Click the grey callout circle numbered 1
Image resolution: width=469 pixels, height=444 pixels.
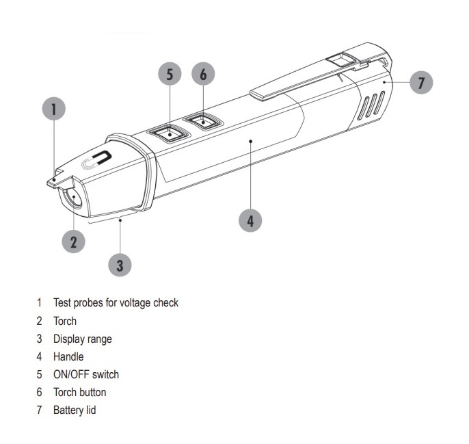click(54, 109)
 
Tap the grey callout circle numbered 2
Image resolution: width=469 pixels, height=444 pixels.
click(74, 241)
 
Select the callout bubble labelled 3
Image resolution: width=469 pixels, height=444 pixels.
click(120, 265)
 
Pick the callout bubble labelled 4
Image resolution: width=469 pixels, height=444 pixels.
click(250, 220)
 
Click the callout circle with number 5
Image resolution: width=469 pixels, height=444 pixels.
click(170, 74)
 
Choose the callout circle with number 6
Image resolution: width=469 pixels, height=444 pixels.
click(204, 74)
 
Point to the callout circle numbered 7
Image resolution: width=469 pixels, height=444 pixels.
click(421, 82)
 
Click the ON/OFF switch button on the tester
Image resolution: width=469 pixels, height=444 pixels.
click(168, 133)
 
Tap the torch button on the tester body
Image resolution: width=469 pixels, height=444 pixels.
click(203, 121)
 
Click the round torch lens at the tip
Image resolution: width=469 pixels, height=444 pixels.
click(73, 198)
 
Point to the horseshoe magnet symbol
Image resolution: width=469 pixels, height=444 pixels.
click(96, 160)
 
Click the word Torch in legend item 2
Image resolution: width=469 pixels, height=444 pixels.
click(65, 321)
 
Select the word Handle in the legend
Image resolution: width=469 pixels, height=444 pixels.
click(68, 356)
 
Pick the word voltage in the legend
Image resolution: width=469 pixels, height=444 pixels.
click(134, 303)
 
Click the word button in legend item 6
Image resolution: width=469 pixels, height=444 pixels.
click(93, 392)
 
